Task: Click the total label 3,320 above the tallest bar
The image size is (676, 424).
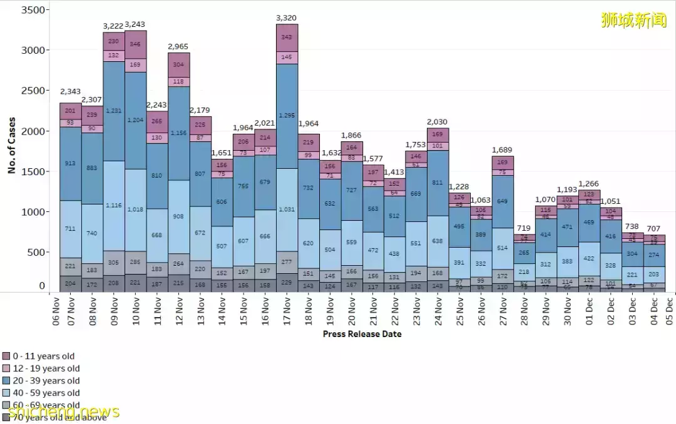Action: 286,18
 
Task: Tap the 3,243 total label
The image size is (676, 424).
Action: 135,25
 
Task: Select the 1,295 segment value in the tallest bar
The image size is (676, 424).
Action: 286,116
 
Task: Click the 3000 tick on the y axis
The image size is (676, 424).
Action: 36,50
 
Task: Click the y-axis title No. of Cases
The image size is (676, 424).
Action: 12,147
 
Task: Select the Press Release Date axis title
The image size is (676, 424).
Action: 362,334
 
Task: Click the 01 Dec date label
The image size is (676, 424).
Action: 589,310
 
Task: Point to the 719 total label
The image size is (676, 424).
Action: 525,229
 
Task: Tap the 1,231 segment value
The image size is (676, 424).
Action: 114,111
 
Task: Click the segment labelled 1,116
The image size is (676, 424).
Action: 114,206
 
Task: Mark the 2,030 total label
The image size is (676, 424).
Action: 438,122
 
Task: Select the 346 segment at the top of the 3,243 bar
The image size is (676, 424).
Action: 135,44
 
